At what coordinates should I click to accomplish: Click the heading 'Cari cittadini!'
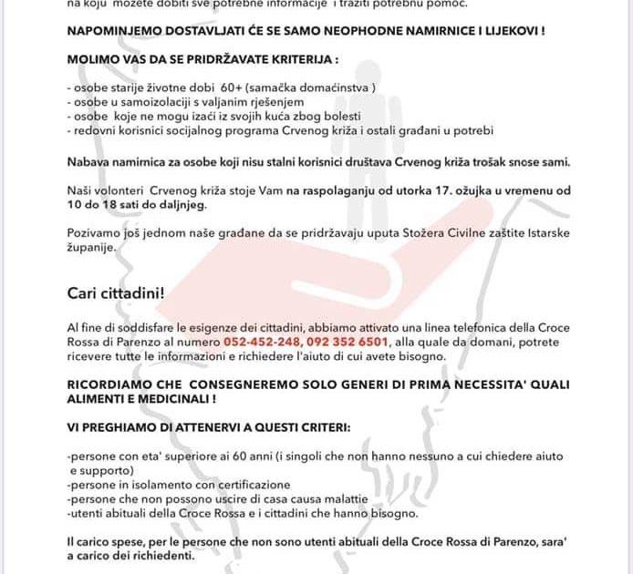click(x=116, y=292)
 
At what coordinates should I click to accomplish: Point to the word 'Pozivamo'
click(x=92, y=233)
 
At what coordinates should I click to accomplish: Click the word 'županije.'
click(x=92, y=248)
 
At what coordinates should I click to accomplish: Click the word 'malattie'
click(x=343, y=499)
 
